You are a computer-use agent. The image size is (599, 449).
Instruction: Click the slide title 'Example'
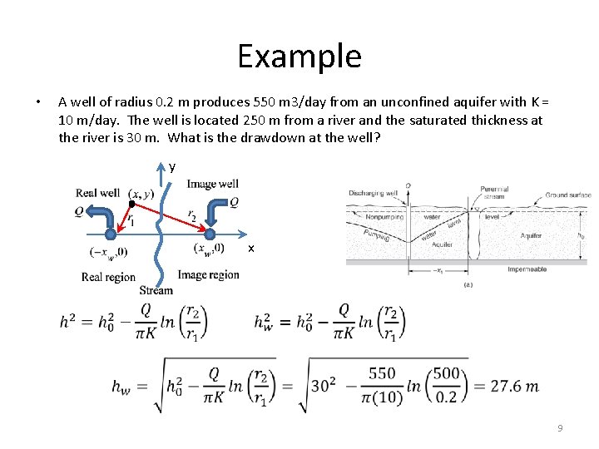pos(299,57)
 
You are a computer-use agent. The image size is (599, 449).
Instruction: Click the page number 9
pos(560,428)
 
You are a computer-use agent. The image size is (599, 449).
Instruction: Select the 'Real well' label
pos(98,193)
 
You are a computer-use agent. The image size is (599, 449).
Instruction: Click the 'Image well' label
pos(212,184)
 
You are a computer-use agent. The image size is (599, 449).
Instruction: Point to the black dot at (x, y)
pos(131,203)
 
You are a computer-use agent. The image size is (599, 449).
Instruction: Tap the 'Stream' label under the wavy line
pos(156,290)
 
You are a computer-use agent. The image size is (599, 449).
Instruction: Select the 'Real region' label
pos(108,277)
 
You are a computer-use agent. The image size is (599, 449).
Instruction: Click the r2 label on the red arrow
pos(192,215)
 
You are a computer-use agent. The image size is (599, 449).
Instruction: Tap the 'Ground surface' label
pos(568,195)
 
